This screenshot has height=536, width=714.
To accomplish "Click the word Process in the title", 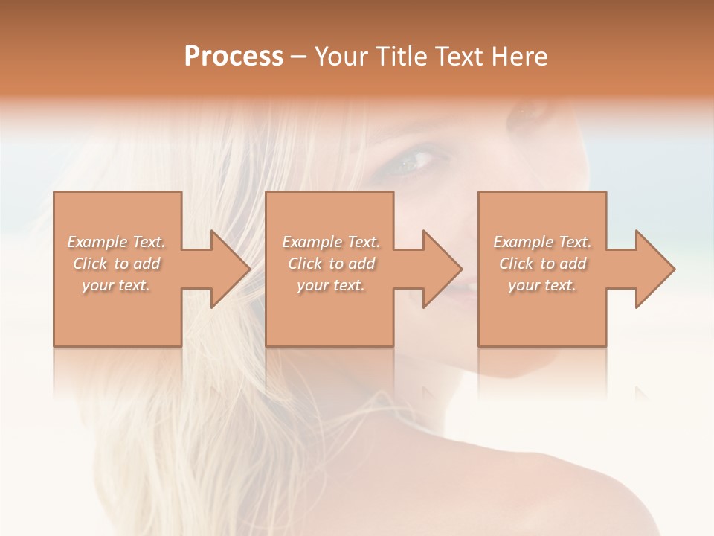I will (x=234, y=56).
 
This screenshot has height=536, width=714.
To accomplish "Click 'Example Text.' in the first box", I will (x=117, y=242).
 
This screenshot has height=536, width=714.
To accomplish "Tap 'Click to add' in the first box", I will (x=117, y=264).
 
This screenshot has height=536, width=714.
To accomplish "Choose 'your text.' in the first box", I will (x=117, y=285).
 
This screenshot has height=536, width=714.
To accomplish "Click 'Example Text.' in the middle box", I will (x=330, y=242).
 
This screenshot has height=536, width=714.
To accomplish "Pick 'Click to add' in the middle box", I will (x=330, y=264).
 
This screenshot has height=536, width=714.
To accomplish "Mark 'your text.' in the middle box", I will (x=330, y=285).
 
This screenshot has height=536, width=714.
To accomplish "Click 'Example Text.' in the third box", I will (x=542, y=242).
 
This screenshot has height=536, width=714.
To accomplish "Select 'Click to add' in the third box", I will (x=542, y=264).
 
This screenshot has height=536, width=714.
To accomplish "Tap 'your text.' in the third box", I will (x=542, y=285).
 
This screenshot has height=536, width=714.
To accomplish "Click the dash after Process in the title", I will (x=299, y=57).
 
